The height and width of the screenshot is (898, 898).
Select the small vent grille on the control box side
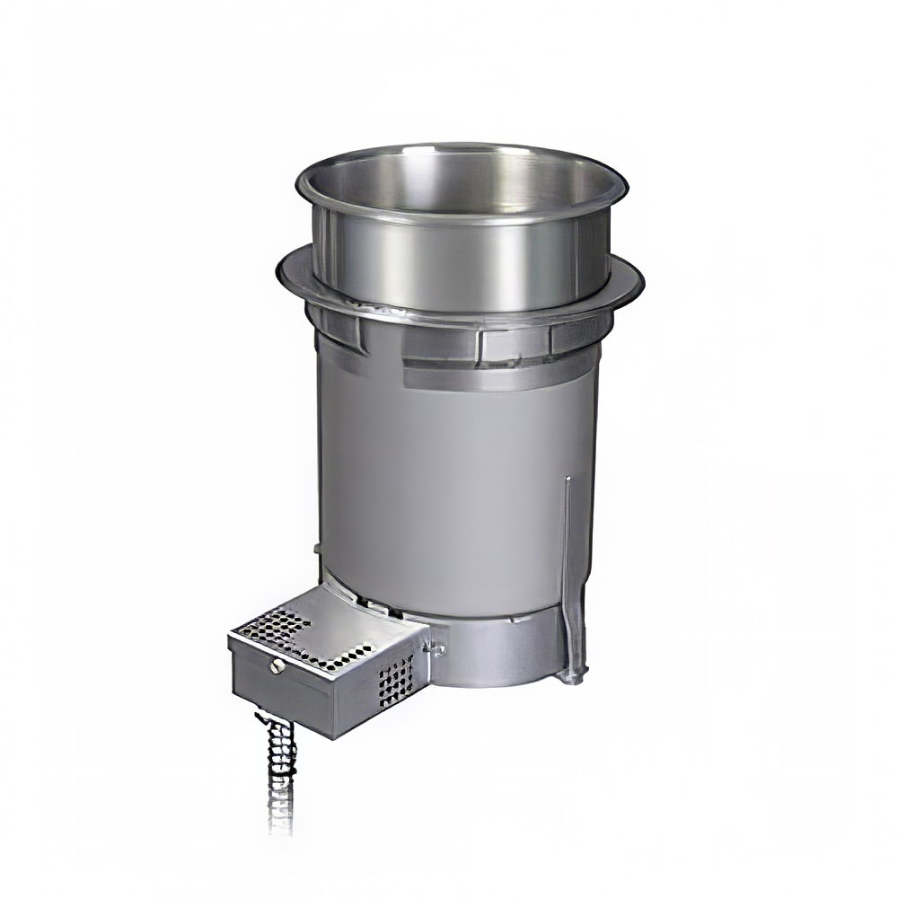(396, 677)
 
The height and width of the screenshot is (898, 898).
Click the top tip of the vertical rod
(567, 480)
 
